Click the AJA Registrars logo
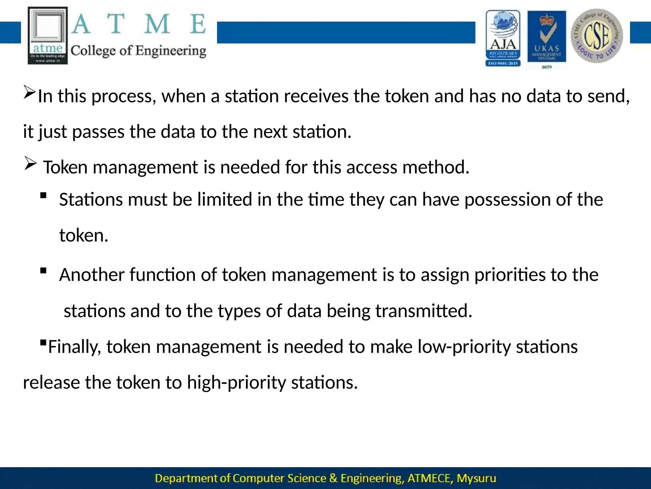503,38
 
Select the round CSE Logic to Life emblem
597,36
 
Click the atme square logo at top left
48,36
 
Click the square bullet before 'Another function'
44,271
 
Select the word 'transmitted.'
424,311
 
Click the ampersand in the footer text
333,478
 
